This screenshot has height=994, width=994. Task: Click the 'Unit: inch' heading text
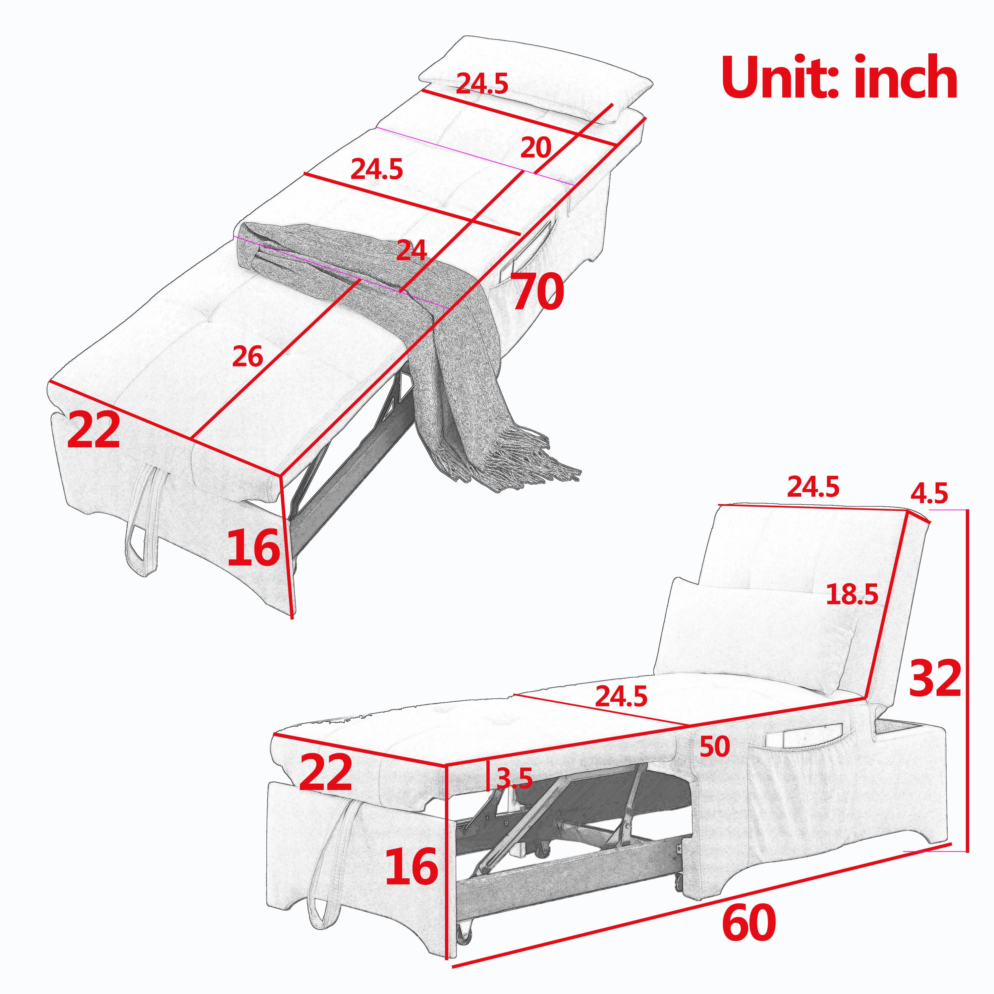coord(839,78)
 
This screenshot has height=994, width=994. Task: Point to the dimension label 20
coord(535,149)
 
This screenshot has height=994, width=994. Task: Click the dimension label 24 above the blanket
coord(412,251)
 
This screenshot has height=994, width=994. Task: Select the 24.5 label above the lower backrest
coord(813,487)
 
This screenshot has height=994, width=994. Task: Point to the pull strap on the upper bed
coord(139,520)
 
